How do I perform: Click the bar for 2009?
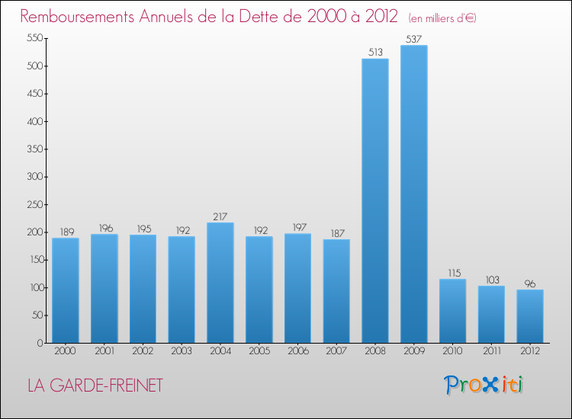point(413,194)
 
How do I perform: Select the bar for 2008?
point(374,201)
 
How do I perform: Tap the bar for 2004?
point(220,283)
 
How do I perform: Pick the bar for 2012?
point(529,316)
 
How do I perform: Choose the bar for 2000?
point(65,290)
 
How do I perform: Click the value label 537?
point(413,39)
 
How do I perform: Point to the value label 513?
point(374,53)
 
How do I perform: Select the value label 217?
point(220,216)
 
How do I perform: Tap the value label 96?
point(529,283)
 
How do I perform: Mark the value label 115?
point(452,273)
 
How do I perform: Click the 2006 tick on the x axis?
point(297,351)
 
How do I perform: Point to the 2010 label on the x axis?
point(452,351)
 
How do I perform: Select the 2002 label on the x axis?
point(143,351)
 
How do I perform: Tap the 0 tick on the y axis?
point(37,343)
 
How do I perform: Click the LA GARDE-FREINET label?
point(95,386)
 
